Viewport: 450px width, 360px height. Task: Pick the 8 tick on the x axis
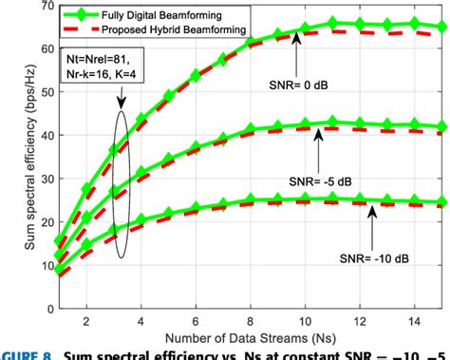tap(250, 318)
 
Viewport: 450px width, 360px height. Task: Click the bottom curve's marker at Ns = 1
tap(60, 271)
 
